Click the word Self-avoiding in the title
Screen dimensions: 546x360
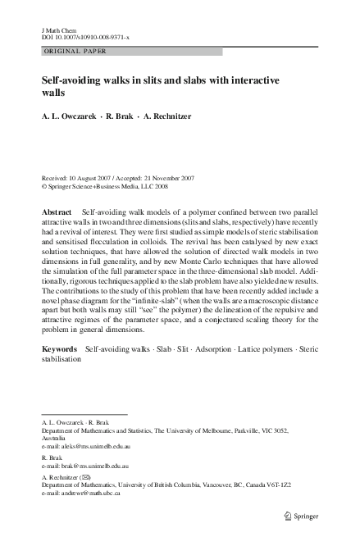[71, 83]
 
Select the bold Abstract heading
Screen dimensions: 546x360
[57, 212]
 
